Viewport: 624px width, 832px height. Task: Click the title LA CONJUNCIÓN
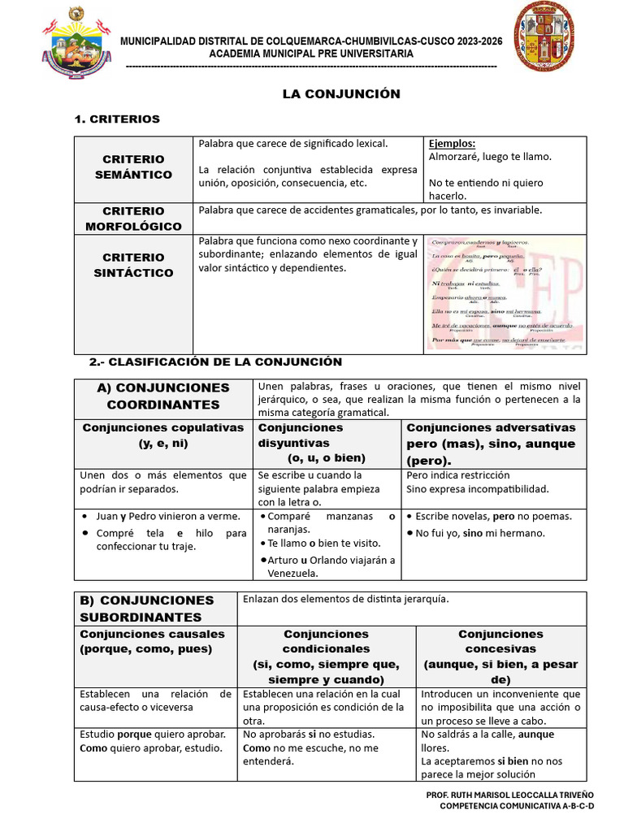pyautogui.click(x=341, y=94)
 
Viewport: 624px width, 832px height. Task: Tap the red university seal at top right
pyautogui.click(x=549, y=37)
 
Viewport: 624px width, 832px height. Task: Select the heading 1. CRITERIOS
pyautogui.click(x=117, y=119)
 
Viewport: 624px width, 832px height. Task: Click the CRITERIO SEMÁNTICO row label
pyautogui.click(x=133, y=167)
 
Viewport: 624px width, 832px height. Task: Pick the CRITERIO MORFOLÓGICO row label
pyautogui.click(x=133, y=219)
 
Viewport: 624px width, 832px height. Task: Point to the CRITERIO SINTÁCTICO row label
pyautogui.click(x=133, y=265)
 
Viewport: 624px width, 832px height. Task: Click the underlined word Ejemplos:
pyautogui.click(x=451, y=144)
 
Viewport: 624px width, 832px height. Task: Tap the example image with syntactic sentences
pyautogui.click(x=505, y=293)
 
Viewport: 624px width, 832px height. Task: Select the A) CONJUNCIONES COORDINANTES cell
pyautogui.click(x=163, y=396)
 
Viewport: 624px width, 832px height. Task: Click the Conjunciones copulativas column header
pyautogui.click(x=163, y=435)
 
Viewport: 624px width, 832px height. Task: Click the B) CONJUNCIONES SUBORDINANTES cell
pyautogui.click(x=147, y=609)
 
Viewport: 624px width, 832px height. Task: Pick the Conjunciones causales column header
pyautogui.click(x=153, y=641)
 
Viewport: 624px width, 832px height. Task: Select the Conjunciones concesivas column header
pyautogui.click(x=500, y=656)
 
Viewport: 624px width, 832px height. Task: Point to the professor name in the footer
pyautogui.click(x=509, y=794)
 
